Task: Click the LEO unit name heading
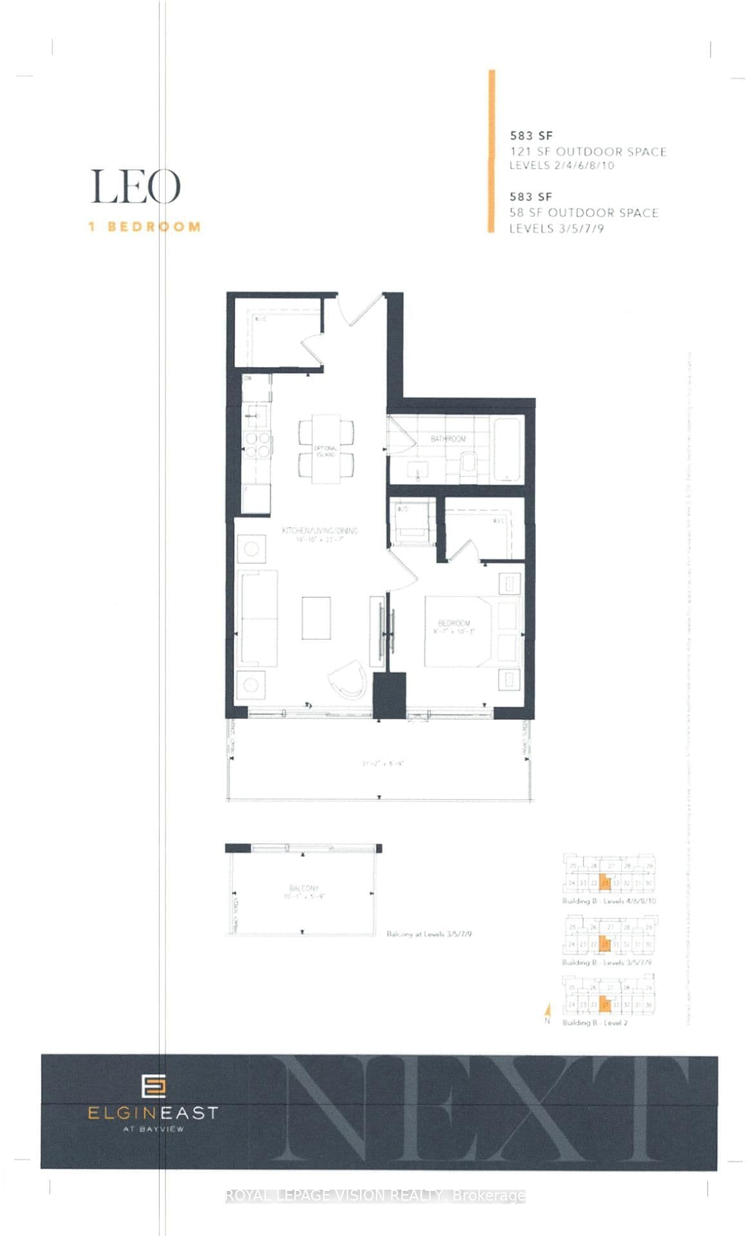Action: click(135, 187)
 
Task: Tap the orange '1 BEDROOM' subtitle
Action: click(144, 227)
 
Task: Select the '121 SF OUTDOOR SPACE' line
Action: click(587, 152)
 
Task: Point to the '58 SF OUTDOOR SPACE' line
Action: click(584, 213)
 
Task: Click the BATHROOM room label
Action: click(448, 438)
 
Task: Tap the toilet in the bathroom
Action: click(469, 462)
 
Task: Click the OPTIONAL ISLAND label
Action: click(326, 451)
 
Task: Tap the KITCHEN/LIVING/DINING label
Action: click(319, 531)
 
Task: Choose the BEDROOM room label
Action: click(453, 623)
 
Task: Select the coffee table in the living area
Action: click(316, 618)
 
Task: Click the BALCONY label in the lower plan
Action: click(304, 888)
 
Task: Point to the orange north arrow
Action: click(547, 1013)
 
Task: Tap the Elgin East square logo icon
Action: click(153, 1087)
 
